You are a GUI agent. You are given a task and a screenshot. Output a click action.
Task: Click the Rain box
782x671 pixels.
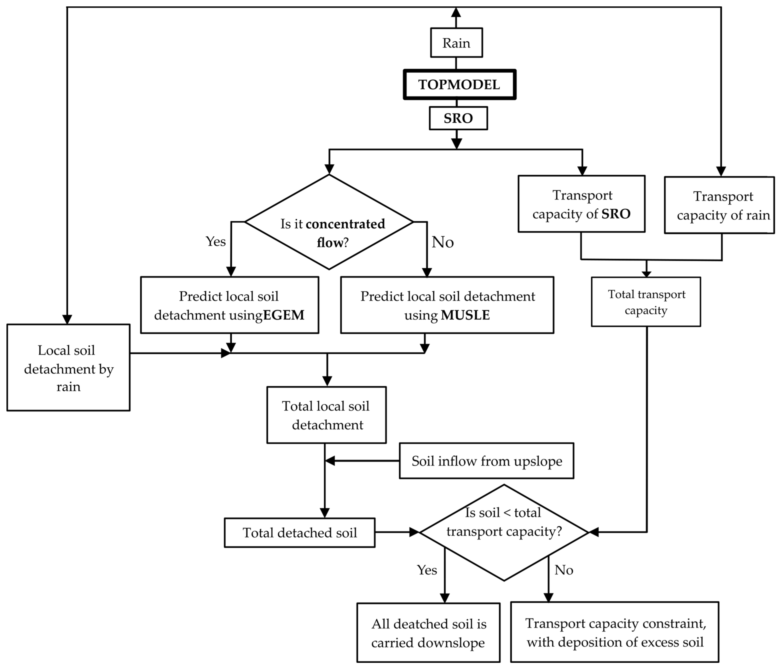click(x=456, y=43)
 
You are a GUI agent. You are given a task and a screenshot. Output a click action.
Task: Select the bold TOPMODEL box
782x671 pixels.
click(x=459, y=84)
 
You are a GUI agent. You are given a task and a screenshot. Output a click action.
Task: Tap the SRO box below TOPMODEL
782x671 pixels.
click(x=458, y=118)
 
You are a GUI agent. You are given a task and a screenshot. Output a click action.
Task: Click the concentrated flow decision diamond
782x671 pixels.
click(x=329, y=222)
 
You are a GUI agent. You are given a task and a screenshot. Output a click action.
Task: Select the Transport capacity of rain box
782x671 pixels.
click(x=719, y=205)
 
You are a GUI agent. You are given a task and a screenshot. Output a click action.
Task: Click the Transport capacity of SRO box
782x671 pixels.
click(x=581, y=204)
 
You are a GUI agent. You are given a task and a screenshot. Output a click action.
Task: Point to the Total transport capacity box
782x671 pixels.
click(x=646, y=302)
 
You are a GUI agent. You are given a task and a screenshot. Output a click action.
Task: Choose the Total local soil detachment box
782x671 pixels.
click(x=326, y=415)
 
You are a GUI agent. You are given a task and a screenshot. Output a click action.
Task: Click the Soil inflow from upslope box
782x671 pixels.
click(x=486, y=461)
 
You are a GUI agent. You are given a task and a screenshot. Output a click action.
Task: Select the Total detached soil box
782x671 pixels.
click(x=300, y=532)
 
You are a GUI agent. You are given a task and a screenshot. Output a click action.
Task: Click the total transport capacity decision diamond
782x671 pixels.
click(x=504, y=532)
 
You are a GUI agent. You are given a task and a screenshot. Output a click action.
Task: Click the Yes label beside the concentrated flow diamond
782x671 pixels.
click(x=215, y=241)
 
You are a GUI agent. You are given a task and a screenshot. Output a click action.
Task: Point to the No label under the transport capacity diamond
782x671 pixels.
click(x=563, y=570)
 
